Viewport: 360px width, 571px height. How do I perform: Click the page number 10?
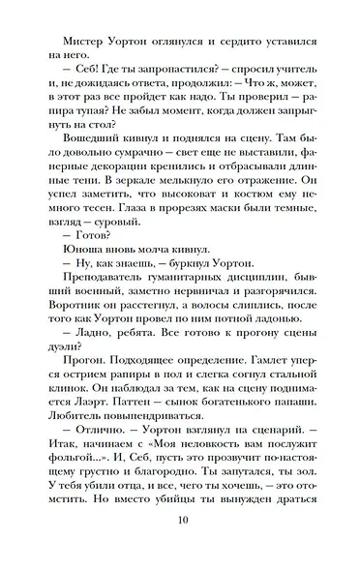click(180, 546)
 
